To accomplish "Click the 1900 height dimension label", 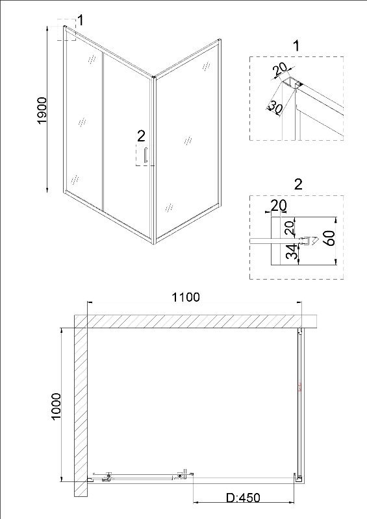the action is pos(43,110).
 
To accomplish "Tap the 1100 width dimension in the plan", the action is pos(186,297).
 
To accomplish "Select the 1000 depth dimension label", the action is pos(57,406).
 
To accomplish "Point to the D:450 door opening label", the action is pos(243,498).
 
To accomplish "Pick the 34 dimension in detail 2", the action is pos(292,252).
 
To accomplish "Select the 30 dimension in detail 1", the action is pos(275,107).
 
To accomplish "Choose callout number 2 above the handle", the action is pos(141,136).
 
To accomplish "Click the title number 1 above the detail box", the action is pos(296,45).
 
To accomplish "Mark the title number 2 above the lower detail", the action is pos(298,184).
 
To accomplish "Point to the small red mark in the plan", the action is pos(300,387).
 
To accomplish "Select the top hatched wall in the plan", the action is pos(196,321).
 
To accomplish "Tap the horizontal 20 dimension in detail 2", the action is pos(279,206).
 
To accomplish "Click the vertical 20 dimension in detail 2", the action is pos(289,228).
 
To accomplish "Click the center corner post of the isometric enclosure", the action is pos(153,160).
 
